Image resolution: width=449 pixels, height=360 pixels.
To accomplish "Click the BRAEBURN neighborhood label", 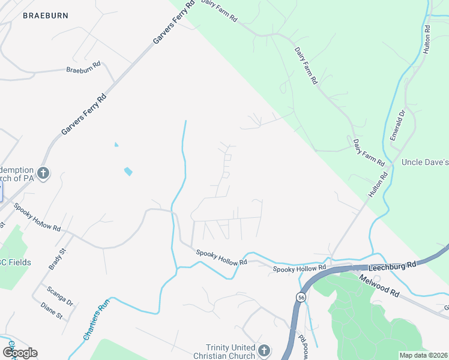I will coord(46,16).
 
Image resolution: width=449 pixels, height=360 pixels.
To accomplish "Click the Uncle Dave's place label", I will coord(425,162).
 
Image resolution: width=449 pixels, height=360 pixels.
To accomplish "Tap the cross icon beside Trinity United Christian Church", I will coord(264,350).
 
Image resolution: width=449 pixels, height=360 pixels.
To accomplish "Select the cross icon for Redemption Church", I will coord(43,174).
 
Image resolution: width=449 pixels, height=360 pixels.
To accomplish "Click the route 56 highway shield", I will coord(299,297).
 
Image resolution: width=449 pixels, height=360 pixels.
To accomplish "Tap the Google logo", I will coord(20,353).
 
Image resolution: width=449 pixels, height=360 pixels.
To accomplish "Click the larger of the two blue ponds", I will coord(128,172).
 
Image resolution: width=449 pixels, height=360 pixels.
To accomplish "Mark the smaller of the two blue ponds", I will coord(116,144).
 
